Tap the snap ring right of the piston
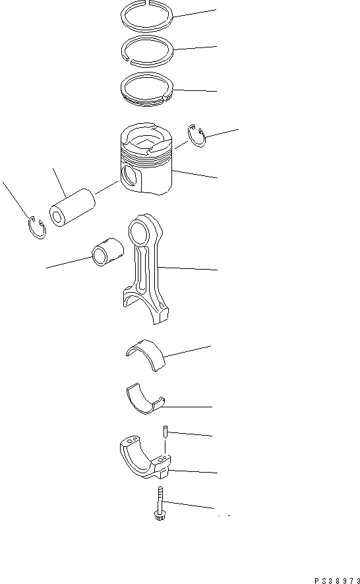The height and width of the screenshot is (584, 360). coord(196,134)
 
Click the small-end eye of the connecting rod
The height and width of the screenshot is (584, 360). coord(139,232)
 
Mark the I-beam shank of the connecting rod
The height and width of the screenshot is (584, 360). coord(153,270)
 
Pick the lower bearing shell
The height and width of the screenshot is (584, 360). coord(146,399)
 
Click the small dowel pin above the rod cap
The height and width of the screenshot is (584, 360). coord(163,432)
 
